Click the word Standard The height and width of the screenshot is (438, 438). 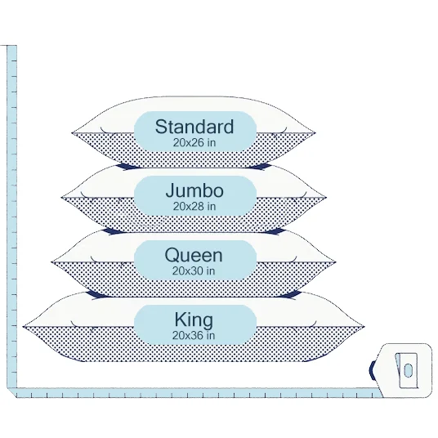click(194, 127)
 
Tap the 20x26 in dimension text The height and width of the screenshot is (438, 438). click(194, 143)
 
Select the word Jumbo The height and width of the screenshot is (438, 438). click(194, 190)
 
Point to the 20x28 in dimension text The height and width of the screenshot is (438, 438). click(194, 207)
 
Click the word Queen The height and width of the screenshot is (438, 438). click(194, 255)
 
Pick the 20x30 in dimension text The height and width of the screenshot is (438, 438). click(194, 271)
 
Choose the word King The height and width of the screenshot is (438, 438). click(194, 320)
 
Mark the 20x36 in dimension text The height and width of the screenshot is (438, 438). click(194, 336)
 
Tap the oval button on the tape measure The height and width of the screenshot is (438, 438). click(408, 370)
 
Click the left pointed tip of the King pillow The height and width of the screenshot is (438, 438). click(23, 326)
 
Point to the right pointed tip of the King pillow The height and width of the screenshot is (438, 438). click(364, 326)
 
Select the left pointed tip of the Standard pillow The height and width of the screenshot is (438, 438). click(72, 133)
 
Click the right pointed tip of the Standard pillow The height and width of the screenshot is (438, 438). click(315, 133)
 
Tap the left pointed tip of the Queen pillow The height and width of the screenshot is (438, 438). click(51, 262)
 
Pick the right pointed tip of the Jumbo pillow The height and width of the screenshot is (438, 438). click(326, 198)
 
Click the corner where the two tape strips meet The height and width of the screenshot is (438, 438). click(11, 392)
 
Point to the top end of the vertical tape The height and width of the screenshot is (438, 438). click(11, 46)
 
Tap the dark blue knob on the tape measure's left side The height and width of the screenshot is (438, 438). click(372, 370)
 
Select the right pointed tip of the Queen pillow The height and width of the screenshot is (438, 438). click(336, 262)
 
